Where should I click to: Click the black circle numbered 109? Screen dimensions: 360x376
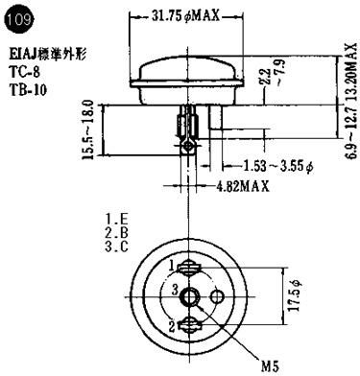click(19, 20)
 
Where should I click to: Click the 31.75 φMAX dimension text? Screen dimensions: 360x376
click(185, 15)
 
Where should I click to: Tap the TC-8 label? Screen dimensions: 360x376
click(25, 72)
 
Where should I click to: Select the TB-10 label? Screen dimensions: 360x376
click(28, 90)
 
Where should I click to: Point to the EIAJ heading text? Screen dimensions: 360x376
click(47, 55)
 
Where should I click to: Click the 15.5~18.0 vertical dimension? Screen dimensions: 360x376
click(88, 129)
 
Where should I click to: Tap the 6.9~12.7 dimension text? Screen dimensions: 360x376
click(351, 131)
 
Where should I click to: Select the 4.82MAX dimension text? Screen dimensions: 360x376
click(243, 185)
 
